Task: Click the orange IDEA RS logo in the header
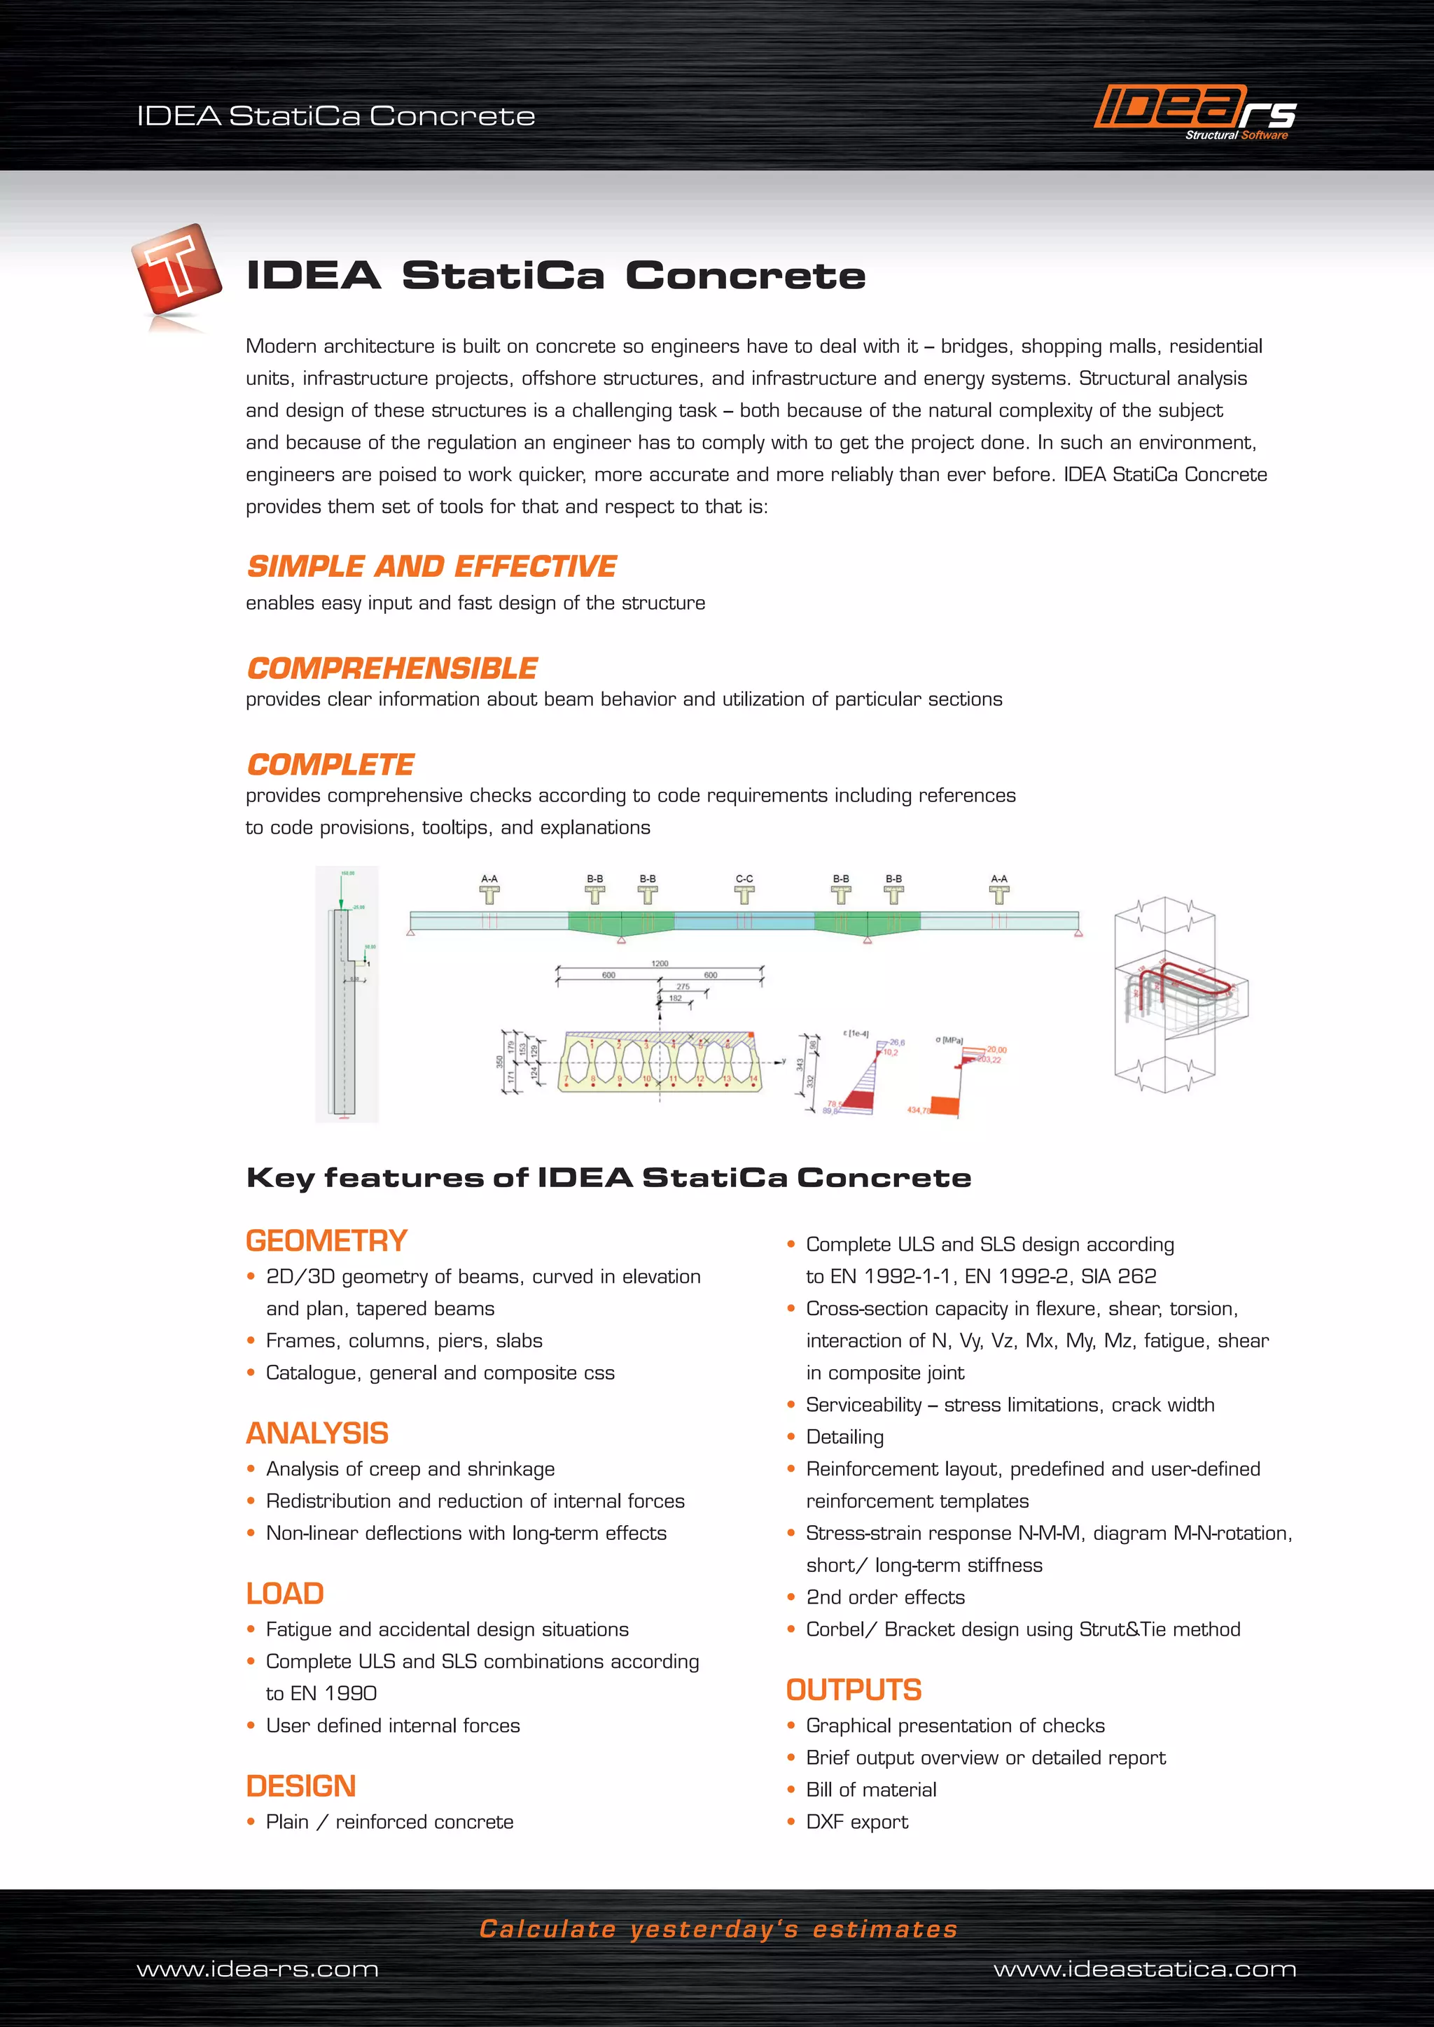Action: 1194,111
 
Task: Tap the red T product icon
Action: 176,269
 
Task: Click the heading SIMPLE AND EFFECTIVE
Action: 432,566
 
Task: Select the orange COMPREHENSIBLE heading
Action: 392,668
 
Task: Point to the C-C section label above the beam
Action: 744,878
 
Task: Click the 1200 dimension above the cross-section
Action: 660,963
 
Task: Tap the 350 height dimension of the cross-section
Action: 499,1061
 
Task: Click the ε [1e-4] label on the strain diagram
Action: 856,1033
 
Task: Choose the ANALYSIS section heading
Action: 317,1433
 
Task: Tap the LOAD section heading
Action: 284,1594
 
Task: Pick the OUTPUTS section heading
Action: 854,1690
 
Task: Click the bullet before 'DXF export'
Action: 791,1821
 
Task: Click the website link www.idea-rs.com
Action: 258,1970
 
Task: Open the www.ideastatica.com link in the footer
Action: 1144,1970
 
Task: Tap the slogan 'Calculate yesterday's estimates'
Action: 718,1929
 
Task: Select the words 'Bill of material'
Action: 870,1790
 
